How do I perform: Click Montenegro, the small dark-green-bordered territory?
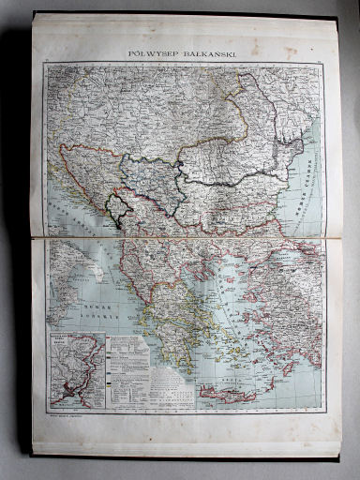(116, 212)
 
